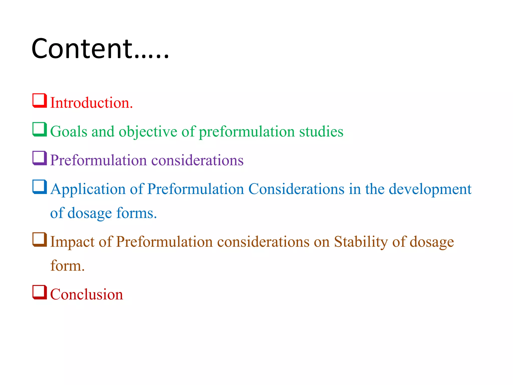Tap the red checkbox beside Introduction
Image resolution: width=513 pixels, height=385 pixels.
pos(40,101)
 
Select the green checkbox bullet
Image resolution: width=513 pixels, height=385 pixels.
pos(40,129)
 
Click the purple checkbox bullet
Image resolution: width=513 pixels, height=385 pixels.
pos(40,158)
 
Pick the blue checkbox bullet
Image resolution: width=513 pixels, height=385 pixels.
pos(40,187)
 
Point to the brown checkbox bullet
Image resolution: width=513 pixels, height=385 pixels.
pos(40,240)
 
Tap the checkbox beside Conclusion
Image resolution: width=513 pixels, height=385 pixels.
pos(40,292)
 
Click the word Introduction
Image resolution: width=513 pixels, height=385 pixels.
pos(91,103)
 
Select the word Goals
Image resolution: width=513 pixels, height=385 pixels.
pos(69,131)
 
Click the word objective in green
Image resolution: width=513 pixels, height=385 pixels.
pos(148,132)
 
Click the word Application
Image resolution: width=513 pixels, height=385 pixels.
pos(88,189)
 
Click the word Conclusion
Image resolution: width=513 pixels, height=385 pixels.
pos(87,294)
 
